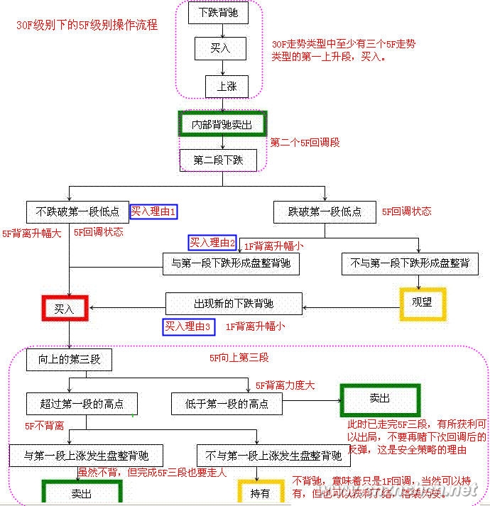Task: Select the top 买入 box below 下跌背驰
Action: pos(219,48)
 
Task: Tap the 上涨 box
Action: pos(227,87)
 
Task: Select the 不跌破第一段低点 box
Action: pos(77,211)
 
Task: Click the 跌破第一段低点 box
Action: pos(325,211)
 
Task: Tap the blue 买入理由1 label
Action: pos(153,211)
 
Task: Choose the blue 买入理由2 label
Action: pos(212,243)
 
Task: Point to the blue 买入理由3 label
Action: pos(188,326)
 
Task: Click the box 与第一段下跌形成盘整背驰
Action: pos(231,264)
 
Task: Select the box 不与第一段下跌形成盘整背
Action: pos(409,264)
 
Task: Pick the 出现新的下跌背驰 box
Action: pos(234,304)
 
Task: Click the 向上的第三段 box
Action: pos(70,360)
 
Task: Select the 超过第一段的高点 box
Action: pos(82,404)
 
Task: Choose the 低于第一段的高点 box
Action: pos(227,404)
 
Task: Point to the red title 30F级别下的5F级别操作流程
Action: pos(87,25)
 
